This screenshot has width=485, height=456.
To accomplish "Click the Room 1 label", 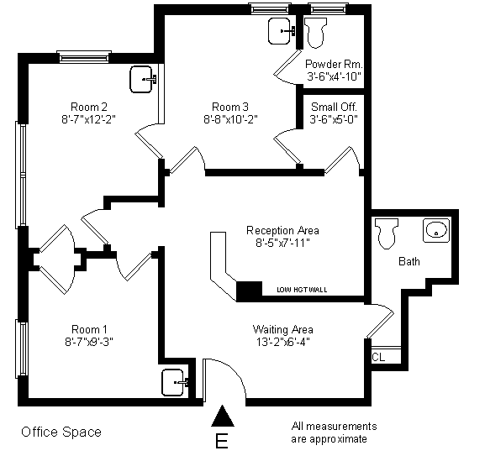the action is pyautogui.click(x=89, y=329).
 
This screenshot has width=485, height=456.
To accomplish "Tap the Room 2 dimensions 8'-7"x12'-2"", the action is pyautogui.click(x=89, y=119).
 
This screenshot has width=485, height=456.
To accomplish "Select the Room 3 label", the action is pyautogui.click(x=230, y=107).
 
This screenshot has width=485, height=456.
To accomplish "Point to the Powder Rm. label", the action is pyautogui.click(x=334, y=65).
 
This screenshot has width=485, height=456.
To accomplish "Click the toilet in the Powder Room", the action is pyautogui.click(x=316, y=33).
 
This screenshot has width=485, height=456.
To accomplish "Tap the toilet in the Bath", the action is pyautogui.click(x=387, y=233).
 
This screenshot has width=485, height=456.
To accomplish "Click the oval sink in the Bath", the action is pyautogui.click(x=436, y=230).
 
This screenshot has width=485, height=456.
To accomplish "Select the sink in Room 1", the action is pyautogui.click(x=175, y=382).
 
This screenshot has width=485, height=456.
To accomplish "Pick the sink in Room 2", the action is pyautogui.click(x=143, y=80).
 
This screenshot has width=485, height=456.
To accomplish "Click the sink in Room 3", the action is pyautogui.click(x=281, y=31).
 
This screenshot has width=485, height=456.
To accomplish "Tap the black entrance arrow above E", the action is pyautogui.click(x=223, y=417).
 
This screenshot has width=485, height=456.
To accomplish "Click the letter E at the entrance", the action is pyautogui.click(x=221, y=441).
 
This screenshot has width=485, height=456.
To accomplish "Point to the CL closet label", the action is pyautogui.click(x=378, y=358).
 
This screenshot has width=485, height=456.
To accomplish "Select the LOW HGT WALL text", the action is pyautogui.click(x=302, y=290).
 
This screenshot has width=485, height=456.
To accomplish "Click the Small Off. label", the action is pyautogui.click(x=334, y=107).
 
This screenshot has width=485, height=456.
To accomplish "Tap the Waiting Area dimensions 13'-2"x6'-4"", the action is pyautogui.click(x=283, y=342).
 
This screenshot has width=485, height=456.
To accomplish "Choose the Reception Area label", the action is pyautogui.click(x=282, y=230).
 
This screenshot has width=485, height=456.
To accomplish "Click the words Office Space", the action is pyautogui.click(x=61, y=432).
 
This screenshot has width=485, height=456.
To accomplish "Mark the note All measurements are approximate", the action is pyautogui.click(x=334, y=432).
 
